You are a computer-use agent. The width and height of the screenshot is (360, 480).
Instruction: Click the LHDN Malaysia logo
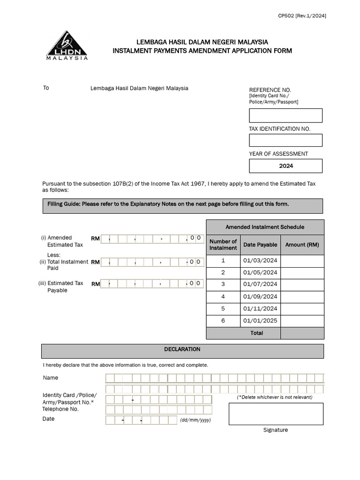pyautogui.click(x=67, y=45)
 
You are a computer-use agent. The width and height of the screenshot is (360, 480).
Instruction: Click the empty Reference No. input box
pyautogui.click(x=285, y=115)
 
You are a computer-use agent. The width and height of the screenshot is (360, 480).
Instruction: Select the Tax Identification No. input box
pyautogui.click(x=285, y=140)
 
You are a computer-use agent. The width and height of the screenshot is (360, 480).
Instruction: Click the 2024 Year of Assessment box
pyautogui.click(x=285, y=166)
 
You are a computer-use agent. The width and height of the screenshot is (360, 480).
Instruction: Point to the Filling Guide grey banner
pyautogui.click(x=182, y=205)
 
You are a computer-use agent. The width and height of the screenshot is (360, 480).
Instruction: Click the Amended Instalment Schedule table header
pyautogui.click(x=265, y=227)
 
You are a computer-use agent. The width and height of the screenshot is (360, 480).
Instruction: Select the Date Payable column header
pyautogui.click(x=260, y=245)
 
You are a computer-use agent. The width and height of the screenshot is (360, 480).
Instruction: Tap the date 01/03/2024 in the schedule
pyautogui.click(x=260, y=261)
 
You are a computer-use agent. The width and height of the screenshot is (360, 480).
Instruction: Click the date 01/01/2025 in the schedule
pyautogui.click(x=260, y=321)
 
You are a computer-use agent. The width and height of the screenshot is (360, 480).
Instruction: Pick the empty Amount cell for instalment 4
pyautogui.click(x=302, y=297)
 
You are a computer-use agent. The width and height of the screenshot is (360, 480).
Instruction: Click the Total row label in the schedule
pyautogui.click(x=256, y=333)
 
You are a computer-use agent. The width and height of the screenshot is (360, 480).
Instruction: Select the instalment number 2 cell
pyautogui.click(x=223, y=273)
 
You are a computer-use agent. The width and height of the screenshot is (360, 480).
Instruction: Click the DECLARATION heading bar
pyautogui.click(x=182, y=350)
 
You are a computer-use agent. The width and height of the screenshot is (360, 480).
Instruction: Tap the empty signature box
pyautogui.click(x=276, y=413)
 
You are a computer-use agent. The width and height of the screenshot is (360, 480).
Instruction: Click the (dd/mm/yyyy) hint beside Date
pyautogui.click(x=195, y=420)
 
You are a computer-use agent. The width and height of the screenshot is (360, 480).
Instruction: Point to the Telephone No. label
pyautogui.click(x=60, y=409)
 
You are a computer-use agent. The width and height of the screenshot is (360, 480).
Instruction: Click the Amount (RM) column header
pyautogui.click(x=302, y=245)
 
